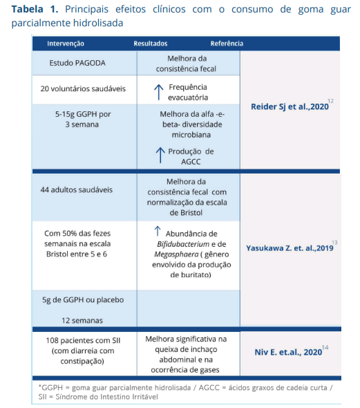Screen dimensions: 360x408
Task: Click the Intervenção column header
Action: [66, 44]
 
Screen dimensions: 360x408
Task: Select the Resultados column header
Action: [151, 44]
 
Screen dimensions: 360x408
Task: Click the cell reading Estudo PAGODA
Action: [77, 63]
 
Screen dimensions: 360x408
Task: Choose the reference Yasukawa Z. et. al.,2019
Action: [289, 248]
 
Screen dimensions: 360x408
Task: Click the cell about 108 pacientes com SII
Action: [77, 351]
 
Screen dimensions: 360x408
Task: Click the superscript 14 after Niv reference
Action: [325, 347]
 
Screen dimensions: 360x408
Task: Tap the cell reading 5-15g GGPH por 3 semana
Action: [77, 119]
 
